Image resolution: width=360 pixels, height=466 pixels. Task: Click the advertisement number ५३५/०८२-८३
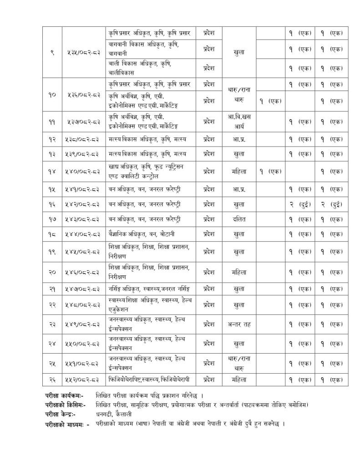82,52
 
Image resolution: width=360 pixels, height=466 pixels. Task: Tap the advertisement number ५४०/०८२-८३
82,171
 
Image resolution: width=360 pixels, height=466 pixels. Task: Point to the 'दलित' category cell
239,219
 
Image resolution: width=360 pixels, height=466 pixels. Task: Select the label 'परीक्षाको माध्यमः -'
67,423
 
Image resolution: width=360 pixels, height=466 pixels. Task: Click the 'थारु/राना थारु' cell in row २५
239,363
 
